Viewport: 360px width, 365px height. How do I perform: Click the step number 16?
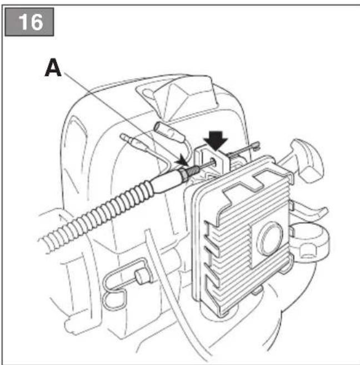pyautogui.click(x=31, y=22)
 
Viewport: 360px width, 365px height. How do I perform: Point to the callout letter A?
pyautogui.click(x=53, y=67)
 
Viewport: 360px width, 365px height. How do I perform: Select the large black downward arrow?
pyautogui.click(x=216, y=141)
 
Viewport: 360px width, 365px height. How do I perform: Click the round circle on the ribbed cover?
pyautogui.click(x=270, y=238)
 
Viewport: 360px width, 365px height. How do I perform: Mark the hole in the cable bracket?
pyautogui.click(x=213, y=161)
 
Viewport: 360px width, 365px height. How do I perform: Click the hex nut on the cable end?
pyautogui.click(x=183, y=174)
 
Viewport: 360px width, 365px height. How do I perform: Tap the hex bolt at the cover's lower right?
pyautogui.click(x=308, y=251)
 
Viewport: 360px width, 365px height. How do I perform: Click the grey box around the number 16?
pyautogui.click(x=29, y=22)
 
